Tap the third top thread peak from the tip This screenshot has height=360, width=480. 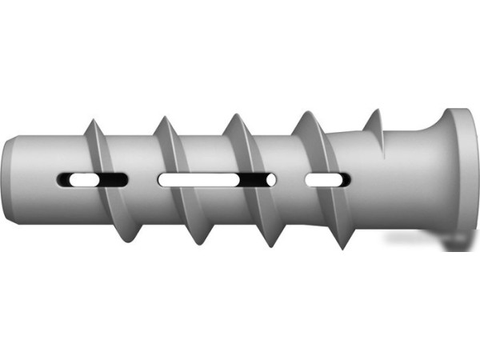234,114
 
